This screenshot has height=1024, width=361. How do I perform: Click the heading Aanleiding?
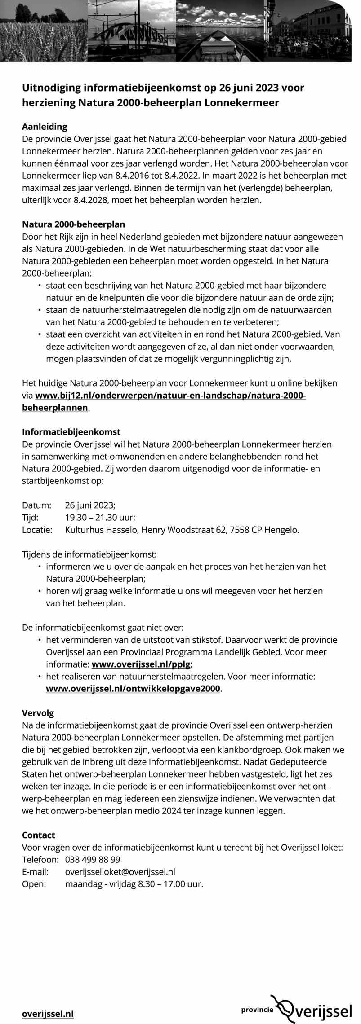tap(45, 127)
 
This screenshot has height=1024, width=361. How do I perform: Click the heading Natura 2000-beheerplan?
tap(74, 224)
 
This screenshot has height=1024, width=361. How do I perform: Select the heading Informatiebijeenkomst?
tap(71, 432)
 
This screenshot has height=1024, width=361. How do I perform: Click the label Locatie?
tap(37, 530)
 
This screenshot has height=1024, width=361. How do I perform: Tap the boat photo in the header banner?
tap(220, 31)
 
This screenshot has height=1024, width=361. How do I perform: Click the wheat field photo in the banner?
tap(44, 31)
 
